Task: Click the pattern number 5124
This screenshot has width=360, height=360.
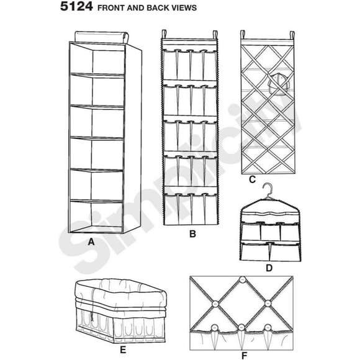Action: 76,7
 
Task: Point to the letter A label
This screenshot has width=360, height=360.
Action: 91,242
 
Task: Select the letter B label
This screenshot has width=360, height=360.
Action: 192,234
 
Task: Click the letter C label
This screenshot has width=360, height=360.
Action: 253,179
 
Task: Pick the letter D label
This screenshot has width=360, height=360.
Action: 269,268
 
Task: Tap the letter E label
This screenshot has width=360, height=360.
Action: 123,350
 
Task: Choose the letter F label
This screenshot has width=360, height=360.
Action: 244,356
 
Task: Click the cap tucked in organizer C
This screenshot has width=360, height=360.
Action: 278,83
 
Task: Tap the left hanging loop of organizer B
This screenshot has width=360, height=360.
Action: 164,34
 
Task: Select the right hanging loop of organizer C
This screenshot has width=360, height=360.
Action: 292,35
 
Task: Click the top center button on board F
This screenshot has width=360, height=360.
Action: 243,280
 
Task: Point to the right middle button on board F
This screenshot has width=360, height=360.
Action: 268,304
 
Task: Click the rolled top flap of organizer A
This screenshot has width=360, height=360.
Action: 101,37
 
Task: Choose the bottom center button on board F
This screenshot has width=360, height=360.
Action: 241,327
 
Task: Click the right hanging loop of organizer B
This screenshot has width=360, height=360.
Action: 215,35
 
